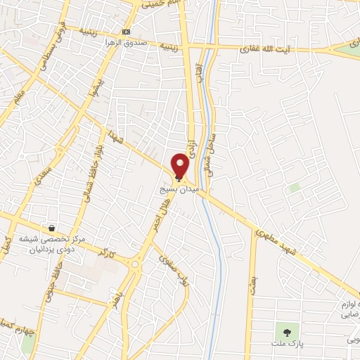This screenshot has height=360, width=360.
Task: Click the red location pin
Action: (x=181, y=165)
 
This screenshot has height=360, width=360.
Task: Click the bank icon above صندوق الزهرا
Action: (x=126, y=32)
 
